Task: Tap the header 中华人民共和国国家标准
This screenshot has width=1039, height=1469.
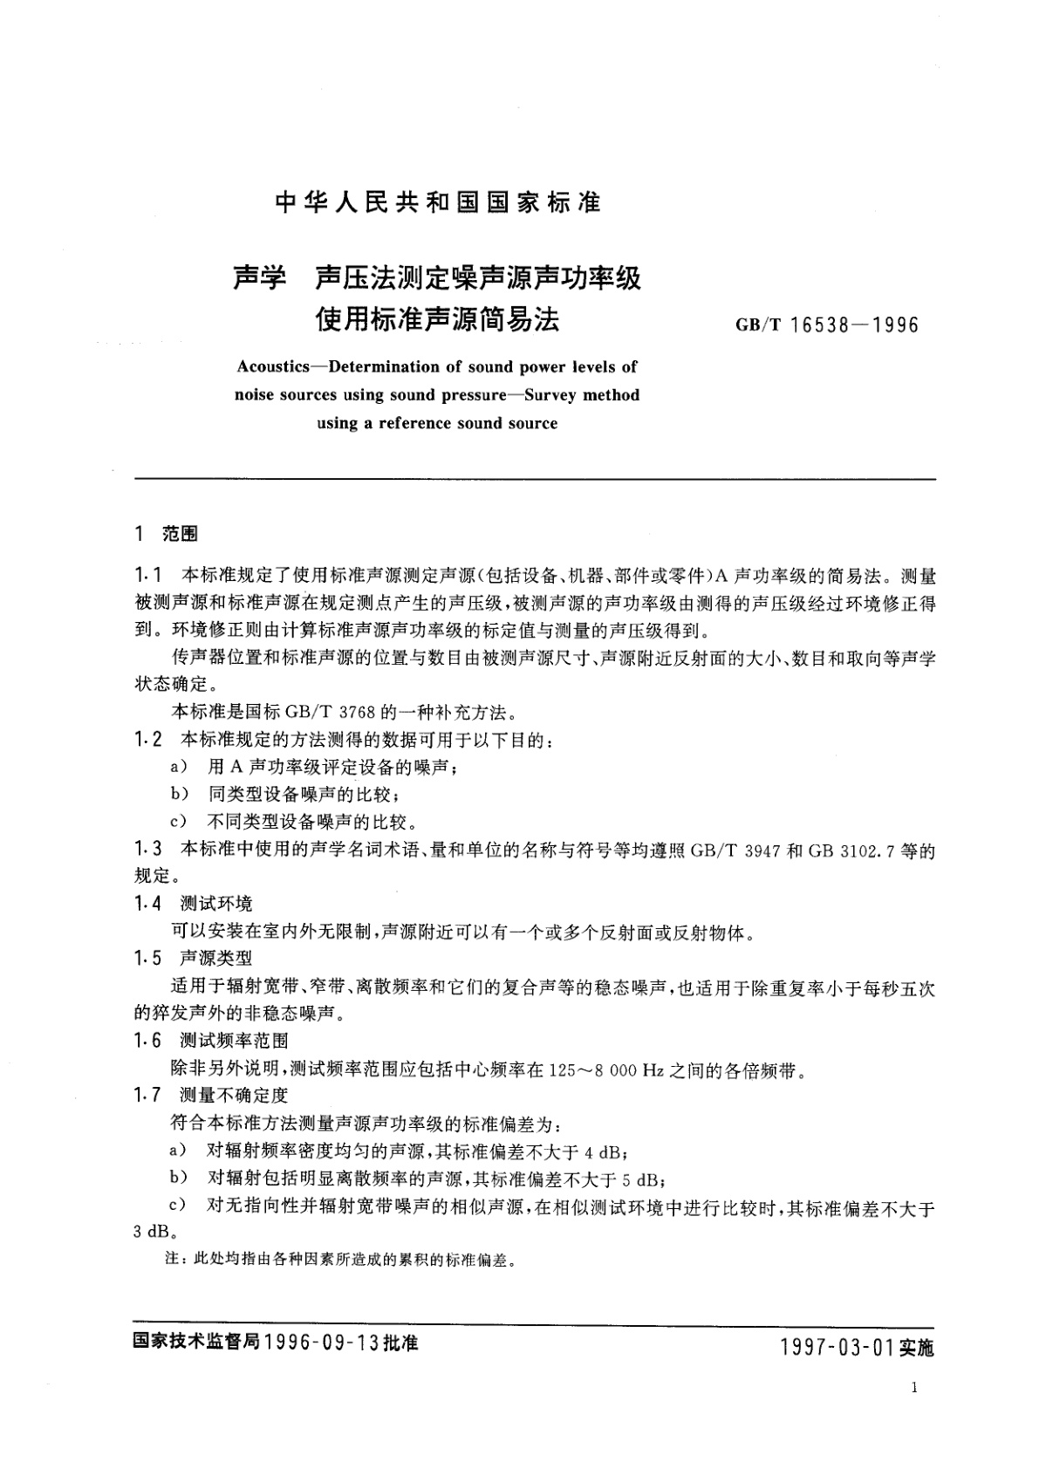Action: coord(438,203)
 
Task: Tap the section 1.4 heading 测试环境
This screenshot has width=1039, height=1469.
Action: coord(216,904)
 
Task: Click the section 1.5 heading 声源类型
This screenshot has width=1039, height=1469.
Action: coord(216,958)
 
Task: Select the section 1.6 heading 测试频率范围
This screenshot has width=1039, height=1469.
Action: coord(234,1040)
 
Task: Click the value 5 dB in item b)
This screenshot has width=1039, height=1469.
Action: coord(643,1178)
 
